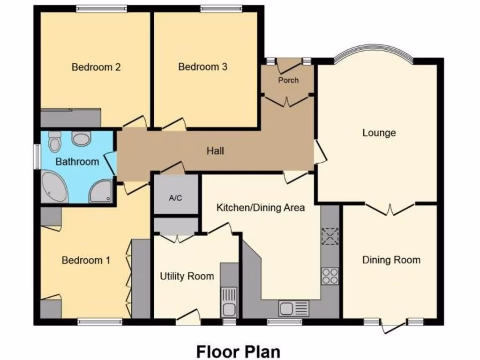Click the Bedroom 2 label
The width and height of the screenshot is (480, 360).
(x=96, y=67)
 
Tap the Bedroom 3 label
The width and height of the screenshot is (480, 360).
(x=202, y=67)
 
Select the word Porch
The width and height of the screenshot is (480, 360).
(x=288, y=80)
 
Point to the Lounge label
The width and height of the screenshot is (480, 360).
(x=379, y=133)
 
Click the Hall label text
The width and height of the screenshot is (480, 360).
(x=216, y=151)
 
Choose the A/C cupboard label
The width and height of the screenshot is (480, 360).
(x=175, y=198)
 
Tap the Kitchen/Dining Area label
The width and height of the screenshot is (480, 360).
(x=261, y=207)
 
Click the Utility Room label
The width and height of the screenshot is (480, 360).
(x=187, y=276)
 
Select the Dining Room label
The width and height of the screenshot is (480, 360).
(x=391, y=260)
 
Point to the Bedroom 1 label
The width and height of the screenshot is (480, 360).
(x=86, y=260)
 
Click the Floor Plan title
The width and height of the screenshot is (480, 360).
(x=238, y=351)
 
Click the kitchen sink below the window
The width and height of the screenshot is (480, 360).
(x=293, y=308)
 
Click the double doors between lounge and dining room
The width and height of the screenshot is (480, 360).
(x=390, y=209)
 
